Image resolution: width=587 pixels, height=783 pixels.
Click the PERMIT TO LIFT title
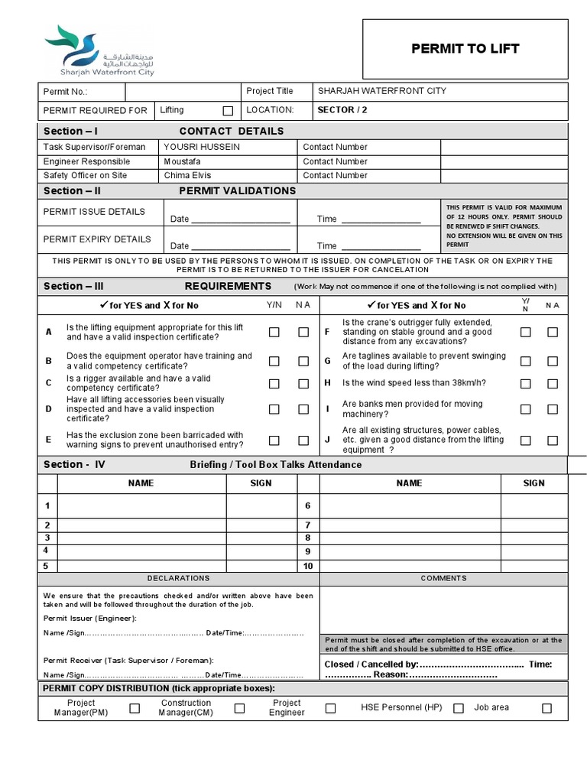click(465, 49)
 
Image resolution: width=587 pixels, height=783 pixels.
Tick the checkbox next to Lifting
click(228, 111)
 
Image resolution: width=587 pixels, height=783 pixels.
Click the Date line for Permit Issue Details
click(241, 219)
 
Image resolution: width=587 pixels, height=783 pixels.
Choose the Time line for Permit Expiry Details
click(380, 245)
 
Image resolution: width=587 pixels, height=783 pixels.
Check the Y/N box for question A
click(274, 332)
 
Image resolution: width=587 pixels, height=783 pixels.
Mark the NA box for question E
click(303, 440)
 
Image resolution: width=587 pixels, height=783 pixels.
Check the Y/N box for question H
click(526, 383)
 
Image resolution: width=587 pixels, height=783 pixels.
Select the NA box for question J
click(553, 440)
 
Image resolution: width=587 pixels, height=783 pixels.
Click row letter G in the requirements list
click(327, 361)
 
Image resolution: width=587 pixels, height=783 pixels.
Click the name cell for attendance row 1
click(142, 506)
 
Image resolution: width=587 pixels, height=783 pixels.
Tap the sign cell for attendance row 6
click(533, 506)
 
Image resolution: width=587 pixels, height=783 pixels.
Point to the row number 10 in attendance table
click(308, 566)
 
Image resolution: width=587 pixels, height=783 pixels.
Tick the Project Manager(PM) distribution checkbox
click(135, 708)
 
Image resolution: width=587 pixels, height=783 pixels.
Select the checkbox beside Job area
click(546, 708)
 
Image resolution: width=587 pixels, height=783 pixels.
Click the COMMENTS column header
click(444, 579)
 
